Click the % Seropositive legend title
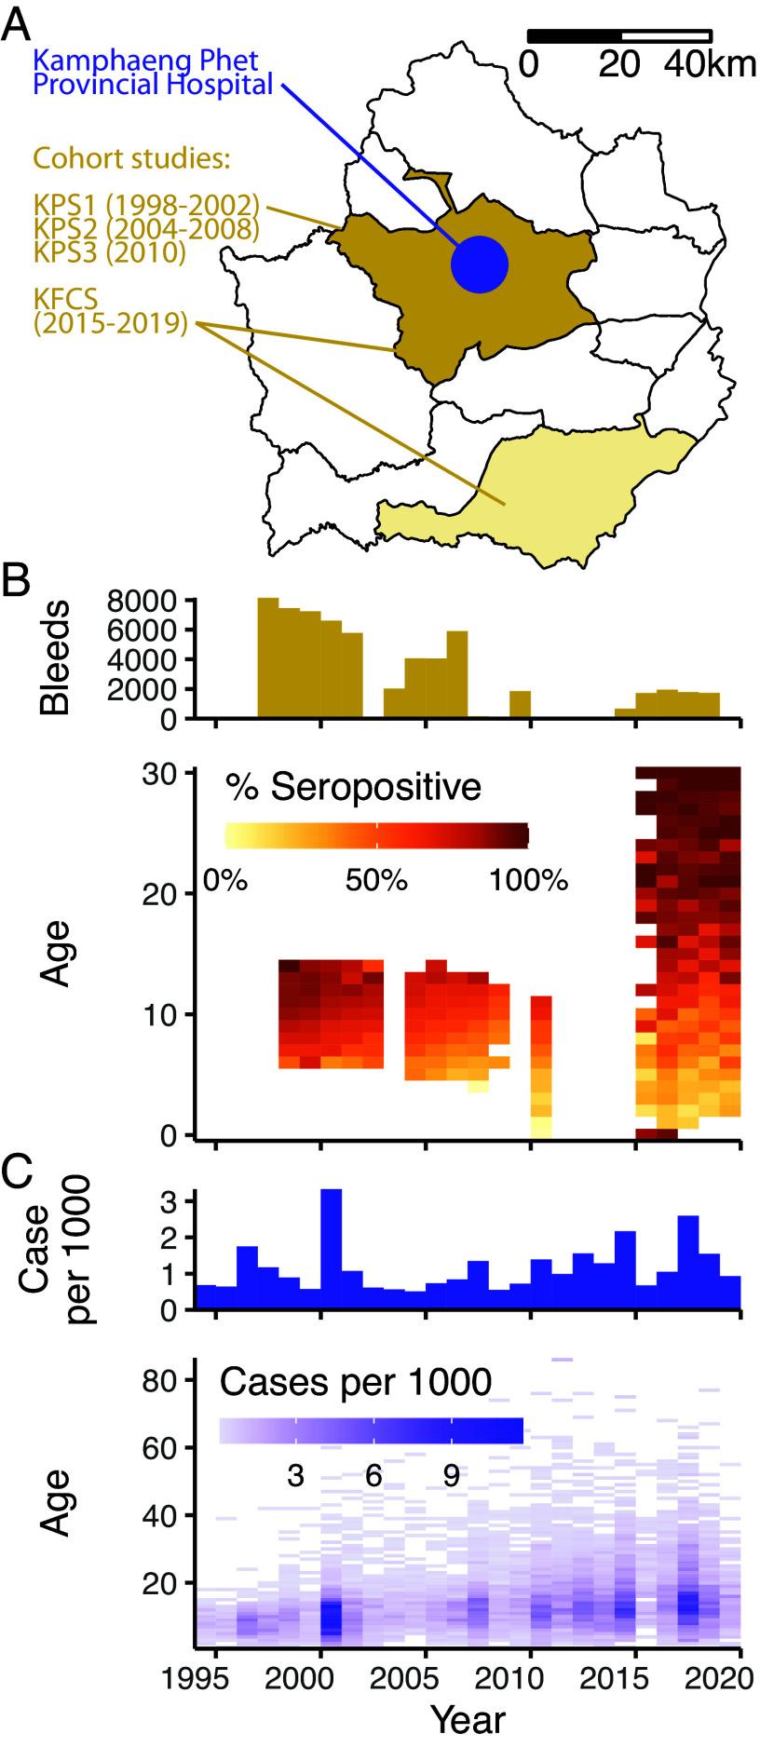(353, 788)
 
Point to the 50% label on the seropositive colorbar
(376, 880)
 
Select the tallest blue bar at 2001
(331, 1248)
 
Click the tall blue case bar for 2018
(688, 1262)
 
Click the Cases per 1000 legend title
(355, 1382)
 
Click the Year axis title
(468, 1719)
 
